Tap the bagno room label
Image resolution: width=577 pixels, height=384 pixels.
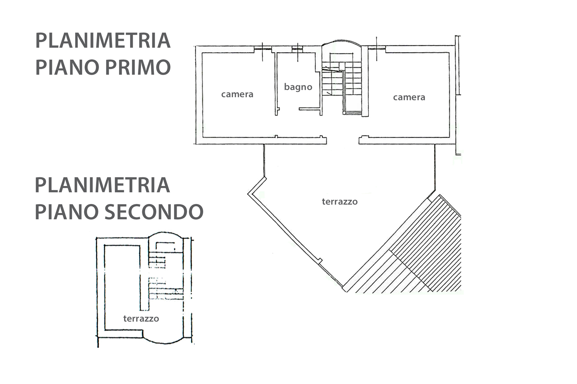click(298, 87)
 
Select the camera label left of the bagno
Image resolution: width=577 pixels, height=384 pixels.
click(237, 94)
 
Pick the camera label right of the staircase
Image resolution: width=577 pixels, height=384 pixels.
click(409, 97)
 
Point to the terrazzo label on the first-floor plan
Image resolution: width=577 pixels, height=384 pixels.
click(340, 201)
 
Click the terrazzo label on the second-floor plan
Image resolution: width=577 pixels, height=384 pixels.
click(141, 318)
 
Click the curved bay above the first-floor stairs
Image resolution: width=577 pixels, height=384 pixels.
click(341, 42)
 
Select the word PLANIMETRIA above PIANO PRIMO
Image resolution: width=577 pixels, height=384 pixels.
click(103, 41)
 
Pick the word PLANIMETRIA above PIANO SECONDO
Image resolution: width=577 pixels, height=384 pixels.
click(103, 185)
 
